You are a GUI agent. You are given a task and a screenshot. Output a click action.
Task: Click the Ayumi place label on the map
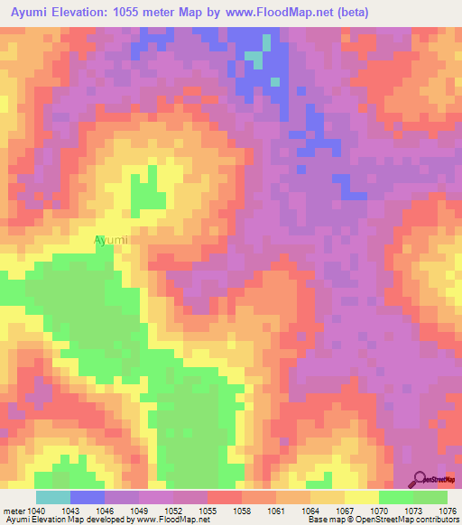pos(111,241)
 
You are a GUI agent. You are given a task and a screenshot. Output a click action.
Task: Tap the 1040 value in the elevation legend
pos(35,510)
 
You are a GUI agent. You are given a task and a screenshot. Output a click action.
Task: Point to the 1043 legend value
pos(69,510)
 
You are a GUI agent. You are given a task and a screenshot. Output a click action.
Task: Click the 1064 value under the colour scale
pos(310,510)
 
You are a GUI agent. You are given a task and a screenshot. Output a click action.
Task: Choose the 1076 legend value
pos(446,510)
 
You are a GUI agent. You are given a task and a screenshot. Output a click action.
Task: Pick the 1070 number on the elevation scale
pos(378,510)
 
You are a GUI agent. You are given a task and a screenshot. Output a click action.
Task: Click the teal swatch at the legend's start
pos(52,497)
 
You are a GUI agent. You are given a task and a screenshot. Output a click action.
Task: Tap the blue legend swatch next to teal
pos(87,497)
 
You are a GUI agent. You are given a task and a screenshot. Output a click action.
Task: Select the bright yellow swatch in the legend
pos(361,497)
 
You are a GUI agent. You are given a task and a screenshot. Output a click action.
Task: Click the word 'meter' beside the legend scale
pos(14,510)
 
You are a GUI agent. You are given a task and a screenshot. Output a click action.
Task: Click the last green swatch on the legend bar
pos(430,497)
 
